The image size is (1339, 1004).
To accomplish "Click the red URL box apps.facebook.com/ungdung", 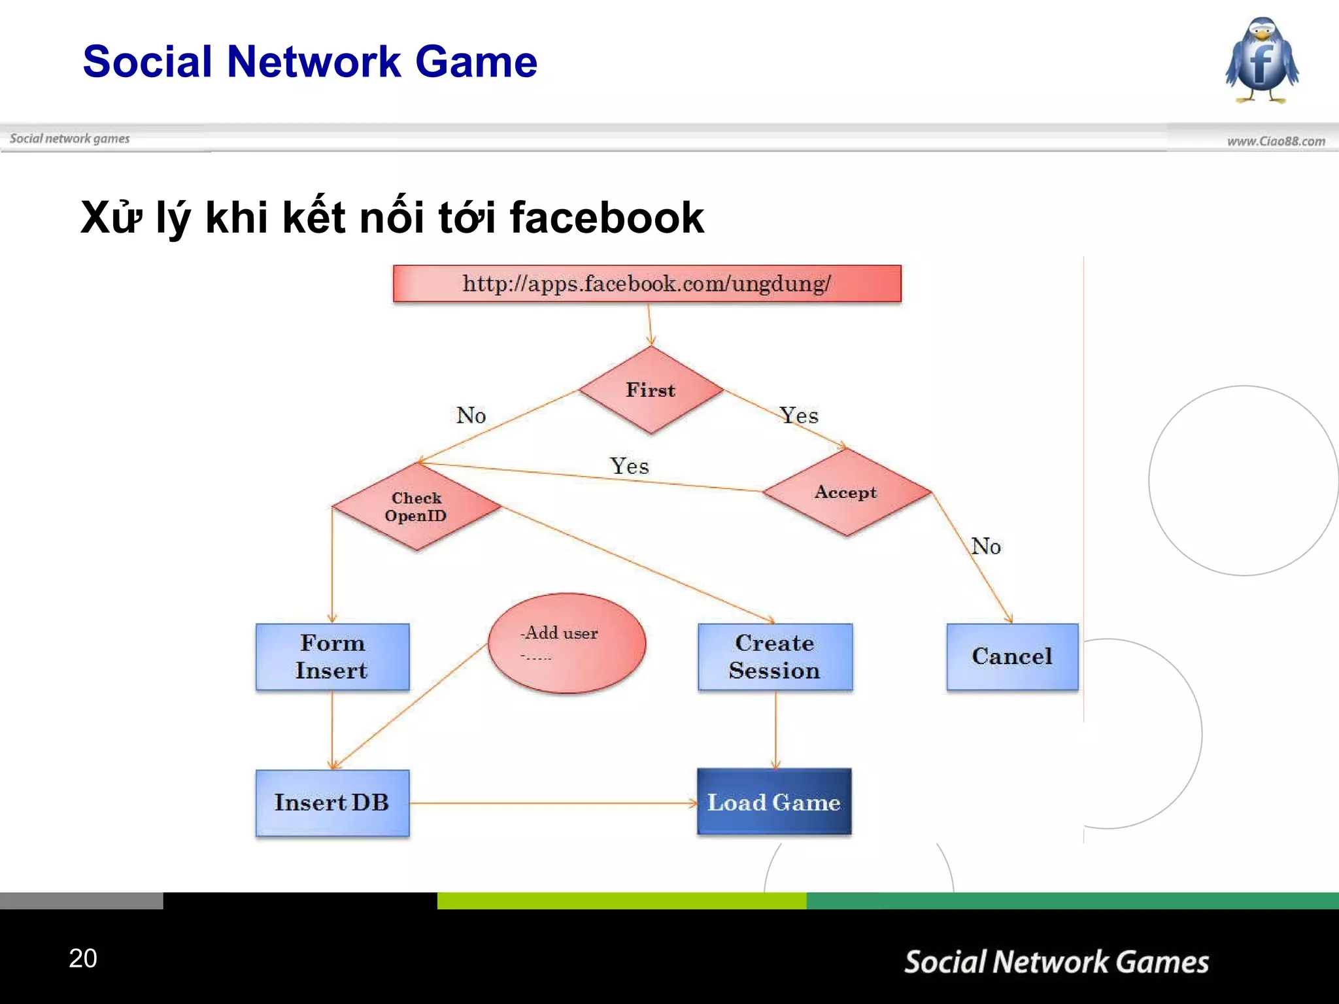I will coord(647,284).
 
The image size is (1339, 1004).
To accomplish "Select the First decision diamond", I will coord(651,390).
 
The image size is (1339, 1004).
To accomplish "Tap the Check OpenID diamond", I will coord(416,507).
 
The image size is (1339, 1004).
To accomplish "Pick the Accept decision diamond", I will coord(846,492).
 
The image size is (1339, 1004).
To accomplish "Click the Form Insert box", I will coord(332,656).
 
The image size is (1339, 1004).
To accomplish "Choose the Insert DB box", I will coord(332,803).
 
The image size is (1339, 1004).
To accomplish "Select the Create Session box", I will coord(775,656).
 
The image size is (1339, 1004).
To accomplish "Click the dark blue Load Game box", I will coord(774,802).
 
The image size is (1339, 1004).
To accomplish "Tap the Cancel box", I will coord(1011,656).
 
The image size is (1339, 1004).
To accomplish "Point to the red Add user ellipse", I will coord(566,643).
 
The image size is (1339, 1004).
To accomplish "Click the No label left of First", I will coord(471,416).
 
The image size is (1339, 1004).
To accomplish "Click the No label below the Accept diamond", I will coord(986,546).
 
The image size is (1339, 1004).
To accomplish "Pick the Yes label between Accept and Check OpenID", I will coord(629,467).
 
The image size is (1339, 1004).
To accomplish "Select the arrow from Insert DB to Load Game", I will coord(552,803).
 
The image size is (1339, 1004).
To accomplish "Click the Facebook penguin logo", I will coord(1262,61).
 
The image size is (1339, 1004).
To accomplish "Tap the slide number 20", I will coord(83,958).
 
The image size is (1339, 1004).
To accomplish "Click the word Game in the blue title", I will coord(476,62).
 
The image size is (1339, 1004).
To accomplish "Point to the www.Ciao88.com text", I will coord(1276,141).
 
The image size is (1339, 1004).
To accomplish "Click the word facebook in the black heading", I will coord(606,218).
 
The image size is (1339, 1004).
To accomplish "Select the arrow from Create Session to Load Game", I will coord(776,729).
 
